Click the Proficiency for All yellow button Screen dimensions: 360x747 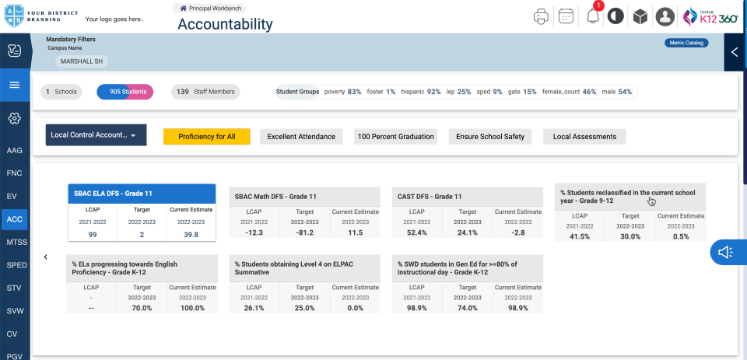click(206, 137)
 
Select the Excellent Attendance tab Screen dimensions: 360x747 click(301, 137)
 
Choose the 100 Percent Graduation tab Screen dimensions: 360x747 click(395, 137)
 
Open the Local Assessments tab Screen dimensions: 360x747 click(584, 137)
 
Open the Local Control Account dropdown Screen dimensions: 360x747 click(96, 135)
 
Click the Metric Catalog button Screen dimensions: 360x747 click(686, 43)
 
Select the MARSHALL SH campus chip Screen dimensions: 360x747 click(81, 61)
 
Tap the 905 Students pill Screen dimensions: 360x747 click(124, 92)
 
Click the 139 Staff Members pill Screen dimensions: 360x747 click(205, 92)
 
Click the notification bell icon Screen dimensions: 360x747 click(593, 16)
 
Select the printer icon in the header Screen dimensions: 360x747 click(541, 16)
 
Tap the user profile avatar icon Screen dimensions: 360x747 click(665, 16)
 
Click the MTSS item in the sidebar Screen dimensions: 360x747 click(16, 242)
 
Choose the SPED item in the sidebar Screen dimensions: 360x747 click(16, 265)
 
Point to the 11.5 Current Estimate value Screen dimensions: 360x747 click(356, 232)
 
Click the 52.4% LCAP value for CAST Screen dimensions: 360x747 click(417, 232)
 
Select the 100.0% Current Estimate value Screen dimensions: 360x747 click(192, 308)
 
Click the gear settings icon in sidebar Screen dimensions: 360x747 click(15, 119)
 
